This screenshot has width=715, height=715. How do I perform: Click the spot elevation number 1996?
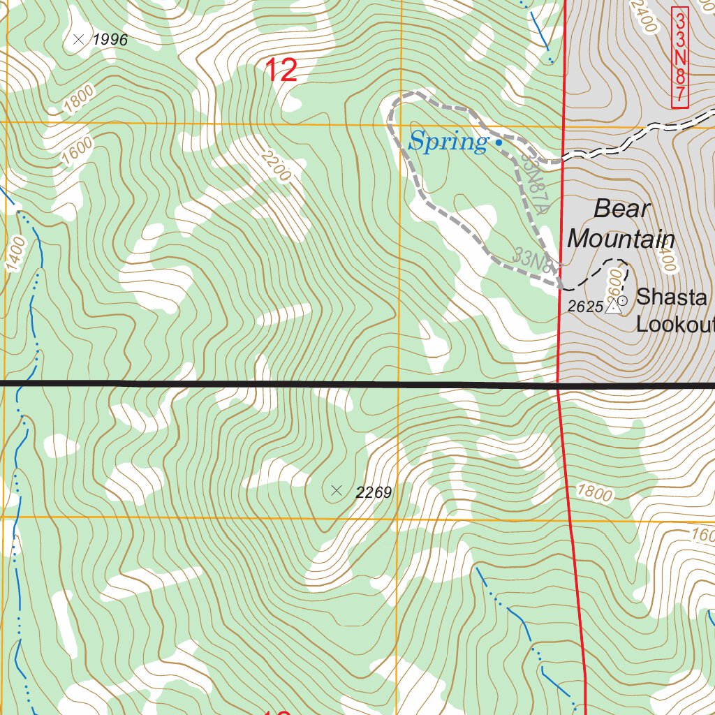(110, 40)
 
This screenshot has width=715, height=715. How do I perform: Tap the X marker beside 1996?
(78, 39)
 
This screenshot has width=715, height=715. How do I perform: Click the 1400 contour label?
(17, 254)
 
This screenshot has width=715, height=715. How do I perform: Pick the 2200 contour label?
(273, 165)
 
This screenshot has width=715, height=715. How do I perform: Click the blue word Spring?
(448, 142)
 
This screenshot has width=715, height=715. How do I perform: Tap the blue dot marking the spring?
(499, 142)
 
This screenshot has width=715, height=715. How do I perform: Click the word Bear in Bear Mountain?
(622, 208)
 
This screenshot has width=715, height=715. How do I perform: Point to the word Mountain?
(620, 239)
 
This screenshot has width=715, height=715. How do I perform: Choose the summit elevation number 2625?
(584, 307)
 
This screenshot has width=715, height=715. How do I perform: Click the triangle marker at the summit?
(613, 306)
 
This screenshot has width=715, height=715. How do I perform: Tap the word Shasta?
(671, 297)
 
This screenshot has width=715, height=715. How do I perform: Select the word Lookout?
(675, 325)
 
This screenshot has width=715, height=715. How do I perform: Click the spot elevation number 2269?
(374, 493)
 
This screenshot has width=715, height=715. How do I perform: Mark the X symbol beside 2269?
(337, 491)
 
